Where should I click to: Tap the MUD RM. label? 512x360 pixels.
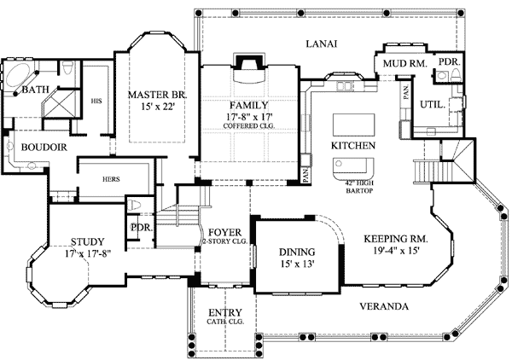tap(399, 63)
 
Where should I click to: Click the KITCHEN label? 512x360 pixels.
tap(353, 146)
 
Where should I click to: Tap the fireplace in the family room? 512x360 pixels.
tap(248, 66)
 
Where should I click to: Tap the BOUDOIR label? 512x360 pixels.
tap(38, 146)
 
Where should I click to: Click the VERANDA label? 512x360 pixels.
tap(382, 306)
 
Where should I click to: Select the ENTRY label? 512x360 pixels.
tap(224, 312)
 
